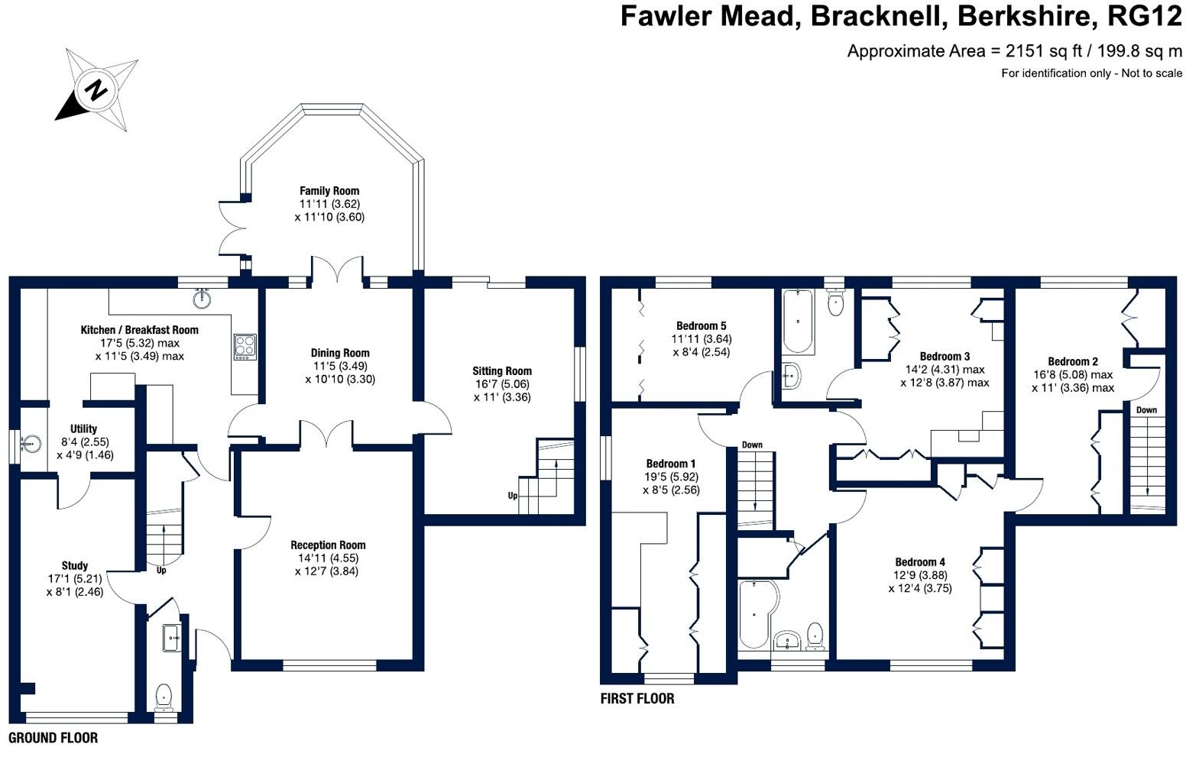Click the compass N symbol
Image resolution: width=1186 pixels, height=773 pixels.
96,89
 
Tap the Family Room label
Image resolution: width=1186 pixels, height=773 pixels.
329,190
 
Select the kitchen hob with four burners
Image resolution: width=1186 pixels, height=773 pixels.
245,347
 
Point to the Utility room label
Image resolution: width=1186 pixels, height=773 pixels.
83,429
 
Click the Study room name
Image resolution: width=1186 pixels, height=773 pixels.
75,565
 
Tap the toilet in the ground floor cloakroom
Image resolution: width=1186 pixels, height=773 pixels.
164,698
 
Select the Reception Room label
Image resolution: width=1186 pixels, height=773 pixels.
328,545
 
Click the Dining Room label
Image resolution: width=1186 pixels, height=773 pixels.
340,353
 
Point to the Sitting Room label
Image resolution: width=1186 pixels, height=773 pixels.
502,371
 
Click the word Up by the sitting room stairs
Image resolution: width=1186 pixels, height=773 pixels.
513,496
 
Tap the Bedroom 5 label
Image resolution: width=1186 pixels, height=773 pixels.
701,326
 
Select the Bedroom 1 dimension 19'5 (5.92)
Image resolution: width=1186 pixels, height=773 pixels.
672,477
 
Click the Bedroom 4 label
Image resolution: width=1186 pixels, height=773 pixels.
920,562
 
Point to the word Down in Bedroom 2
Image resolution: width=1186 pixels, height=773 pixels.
1146,410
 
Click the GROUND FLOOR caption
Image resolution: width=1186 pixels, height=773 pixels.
53,738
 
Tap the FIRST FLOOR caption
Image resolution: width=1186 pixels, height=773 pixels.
637,698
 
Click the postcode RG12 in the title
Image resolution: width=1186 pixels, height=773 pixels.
1144,16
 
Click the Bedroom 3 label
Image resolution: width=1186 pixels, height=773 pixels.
945,357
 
